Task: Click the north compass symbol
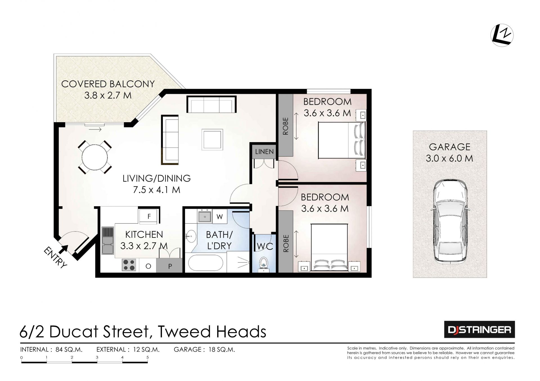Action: tap(502, 35)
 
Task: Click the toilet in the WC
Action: tap(264, 263)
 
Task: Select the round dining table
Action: tap(94, 157)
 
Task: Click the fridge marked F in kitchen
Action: tap(149, 216)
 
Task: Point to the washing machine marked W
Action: tap(220, 216)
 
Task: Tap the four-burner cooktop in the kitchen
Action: tap(129, 265)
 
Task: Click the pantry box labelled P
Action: tap(170, 266)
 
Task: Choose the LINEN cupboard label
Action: tap(264, 152)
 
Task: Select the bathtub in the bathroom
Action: tap(206, 264)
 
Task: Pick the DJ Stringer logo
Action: tap(479, 329)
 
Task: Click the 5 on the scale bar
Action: tap(147, 357)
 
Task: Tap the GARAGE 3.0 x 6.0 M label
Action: tap(449, 153)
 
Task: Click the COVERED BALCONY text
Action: tap(108, 84)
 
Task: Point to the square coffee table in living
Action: tap(212, 140)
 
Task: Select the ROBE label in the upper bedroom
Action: tap(286, 126)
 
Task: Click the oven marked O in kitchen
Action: tap(148, 266)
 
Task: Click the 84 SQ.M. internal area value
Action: tap(69, 350)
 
